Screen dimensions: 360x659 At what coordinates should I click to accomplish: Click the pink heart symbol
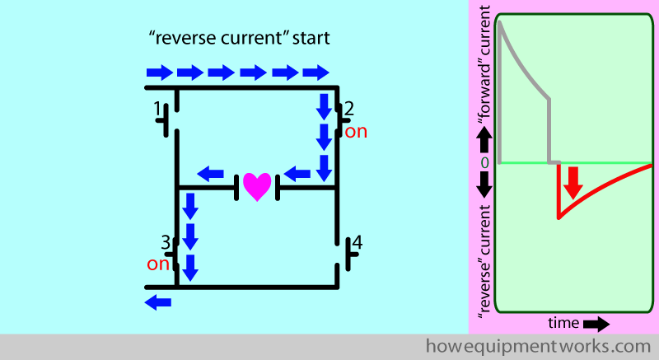coord(256,186)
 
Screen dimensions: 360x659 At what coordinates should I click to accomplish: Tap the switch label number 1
coord(157,108)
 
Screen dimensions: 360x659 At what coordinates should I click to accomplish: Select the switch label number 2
coord(349,108)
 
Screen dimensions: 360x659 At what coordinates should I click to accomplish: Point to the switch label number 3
coord(166,242)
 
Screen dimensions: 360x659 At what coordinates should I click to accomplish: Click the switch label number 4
coord(356,244)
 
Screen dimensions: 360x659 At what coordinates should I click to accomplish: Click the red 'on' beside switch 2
coord(356,131)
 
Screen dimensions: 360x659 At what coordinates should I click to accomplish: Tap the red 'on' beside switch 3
coord(157,264)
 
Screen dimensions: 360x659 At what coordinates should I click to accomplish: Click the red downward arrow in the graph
coord(573,181)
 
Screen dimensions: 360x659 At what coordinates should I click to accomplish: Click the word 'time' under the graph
coord(563,322)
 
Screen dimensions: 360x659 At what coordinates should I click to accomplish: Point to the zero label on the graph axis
coord(484,163)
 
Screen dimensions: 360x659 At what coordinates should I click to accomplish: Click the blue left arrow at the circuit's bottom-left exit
coord(158,302)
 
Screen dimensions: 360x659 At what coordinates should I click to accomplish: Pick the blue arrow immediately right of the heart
coord(297,174)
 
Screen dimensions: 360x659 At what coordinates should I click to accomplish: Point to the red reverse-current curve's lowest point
coord(559,217)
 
